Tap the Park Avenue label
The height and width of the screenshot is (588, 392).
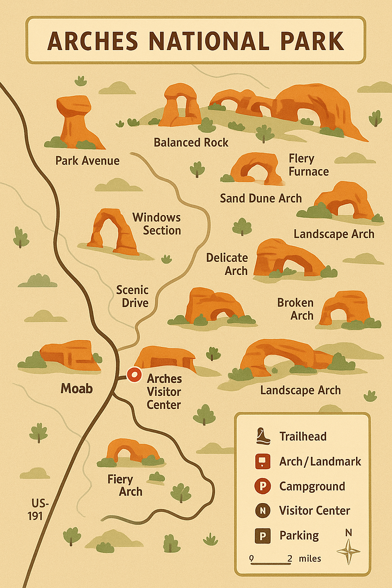87,161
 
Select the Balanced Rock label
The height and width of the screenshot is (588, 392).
191,143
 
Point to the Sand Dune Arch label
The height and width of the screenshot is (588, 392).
260,198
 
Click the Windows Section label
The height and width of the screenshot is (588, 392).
157,224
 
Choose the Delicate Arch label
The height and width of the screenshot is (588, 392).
227,264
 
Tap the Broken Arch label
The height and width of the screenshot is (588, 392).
295,309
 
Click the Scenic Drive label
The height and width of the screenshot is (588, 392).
132,296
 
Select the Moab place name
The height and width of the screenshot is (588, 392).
77,388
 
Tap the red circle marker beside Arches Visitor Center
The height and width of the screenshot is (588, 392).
133,375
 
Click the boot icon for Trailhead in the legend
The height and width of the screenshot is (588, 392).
262,436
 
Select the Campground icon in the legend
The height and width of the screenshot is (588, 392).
263,486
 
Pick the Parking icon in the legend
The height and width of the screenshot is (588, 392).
263,536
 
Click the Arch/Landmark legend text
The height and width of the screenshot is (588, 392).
320,461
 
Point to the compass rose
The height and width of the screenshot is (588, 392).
348,551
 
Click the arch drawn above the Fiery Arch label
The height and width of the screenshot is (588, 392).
131,451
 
